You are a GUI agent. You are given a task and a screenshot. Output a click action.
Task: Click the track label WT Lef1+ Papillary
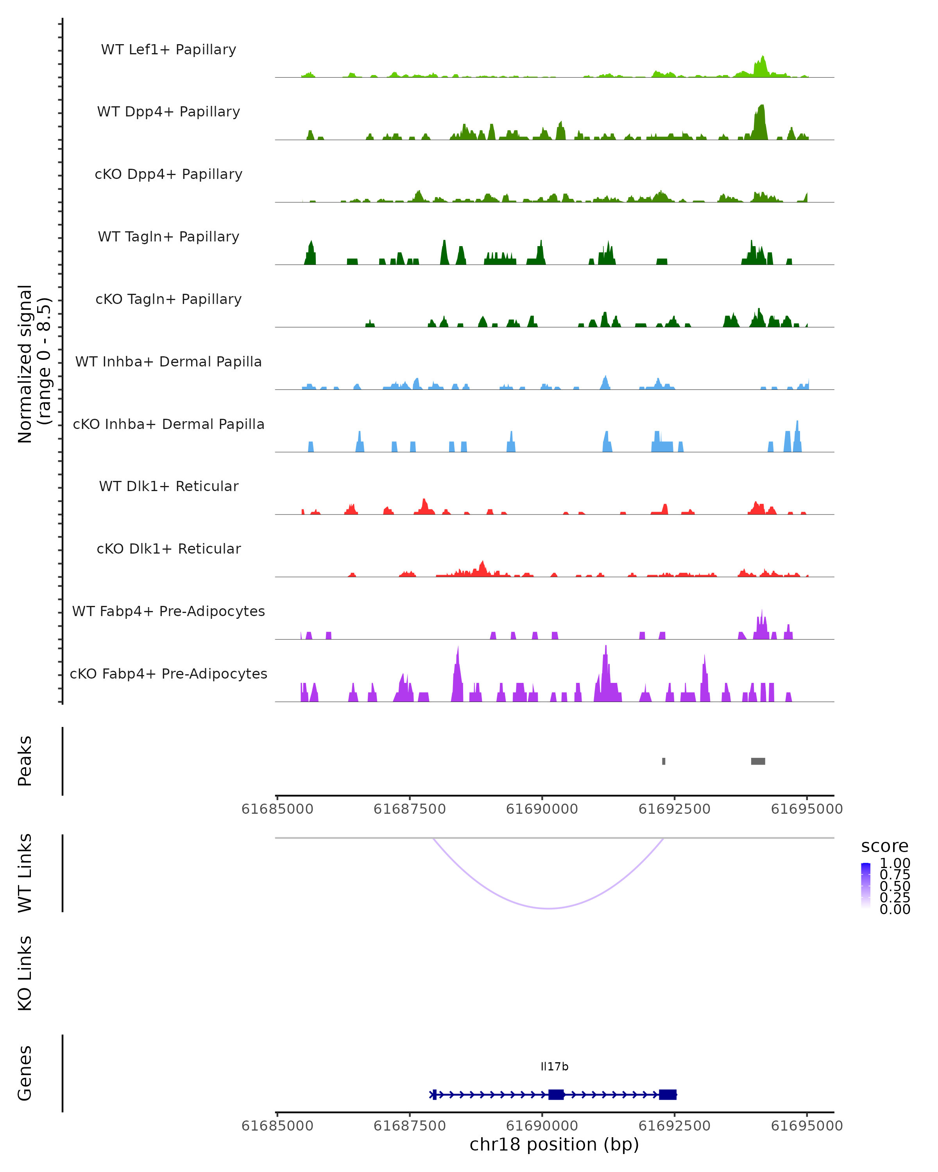[168, 50]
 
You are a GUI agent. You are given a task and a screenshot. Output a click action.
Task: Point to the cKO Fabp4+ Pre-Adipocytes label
[168, 674]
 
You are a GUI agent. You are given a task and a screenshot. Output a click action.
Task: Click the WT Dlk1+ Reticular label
[168, 486]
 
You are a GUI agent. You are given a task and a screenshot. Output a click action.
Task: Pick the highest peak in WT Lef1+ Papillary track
[763, 57]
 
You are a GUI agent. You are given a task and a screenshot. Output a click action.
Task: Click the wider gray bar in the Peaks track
[758, 761]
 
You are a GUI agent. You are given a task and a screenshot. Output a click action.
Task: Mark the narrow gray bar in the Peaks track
[663, 761]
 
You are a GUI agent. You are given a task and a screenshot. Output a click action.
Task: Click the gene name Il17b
[554, 1067]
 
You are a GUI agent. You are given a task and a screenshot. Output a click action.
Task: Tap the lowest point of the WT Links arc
[549, 908]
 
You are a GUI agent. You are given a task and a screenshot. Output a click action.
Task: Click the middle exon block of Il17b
[556, 1094]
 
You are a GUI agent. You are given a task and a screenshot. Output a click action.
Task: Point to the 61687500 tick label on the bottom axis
[410, 1125]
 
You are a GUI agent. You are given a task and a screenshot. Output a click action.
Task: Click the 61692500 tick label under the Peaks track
[674, 809]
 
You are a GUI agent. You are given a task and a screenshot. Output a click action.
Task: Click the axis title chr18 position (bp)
[554, 1144]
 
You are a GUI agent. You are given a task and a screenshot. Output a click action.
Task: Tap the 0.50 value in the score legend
[895, 886]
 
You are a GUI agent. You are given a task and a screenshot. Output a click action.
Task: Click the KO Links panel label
[25, 973]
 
